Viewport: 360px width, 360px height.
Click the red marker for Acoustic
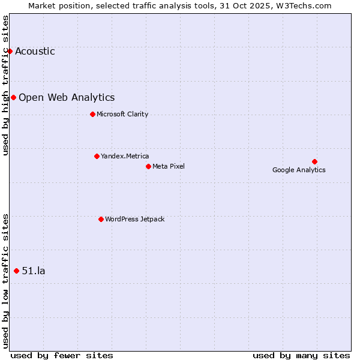click(10, 51)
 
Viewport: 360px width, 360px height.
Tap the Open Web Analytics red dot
click(13, 97)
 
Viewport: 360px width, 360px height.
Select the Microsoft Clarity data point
click(92, 114)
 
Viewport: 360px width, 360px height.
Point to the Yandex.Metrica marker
click(97, 156)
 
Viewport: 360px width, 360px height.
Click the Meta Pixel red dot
click(148, 166)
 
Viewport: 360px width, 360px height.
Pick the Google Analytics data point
click(314, 161)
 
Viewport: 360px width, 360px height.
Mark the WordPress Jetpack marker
click(101, 219)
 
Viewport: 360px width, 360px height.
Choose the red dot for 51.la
click(16, 271)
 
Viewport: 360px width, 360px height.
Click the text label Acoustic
click(35, 51)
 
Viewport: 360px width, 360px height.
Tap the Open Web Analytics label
click(67, 97)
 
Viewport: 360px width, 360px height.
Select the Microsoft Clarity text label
click(122, 114)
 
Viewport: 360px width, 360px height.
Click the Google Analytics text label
click(299, 170)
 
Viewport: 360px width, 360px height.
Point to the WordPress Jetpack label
click(134, 219)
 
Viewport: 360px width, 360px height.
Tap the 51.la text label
click(34, 271)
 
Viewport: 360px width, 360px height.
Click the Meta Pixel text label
click(169, 166)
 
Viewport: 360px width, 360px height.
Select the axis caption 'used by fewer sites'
click(62, 355)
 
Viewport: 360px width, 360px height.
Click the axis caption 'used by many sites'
click(301, 355)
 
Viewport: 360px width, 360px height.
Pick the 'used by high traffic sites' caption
click(6, 85)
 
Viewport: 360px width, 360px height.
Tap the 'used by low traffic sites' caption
click(6, 281)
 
